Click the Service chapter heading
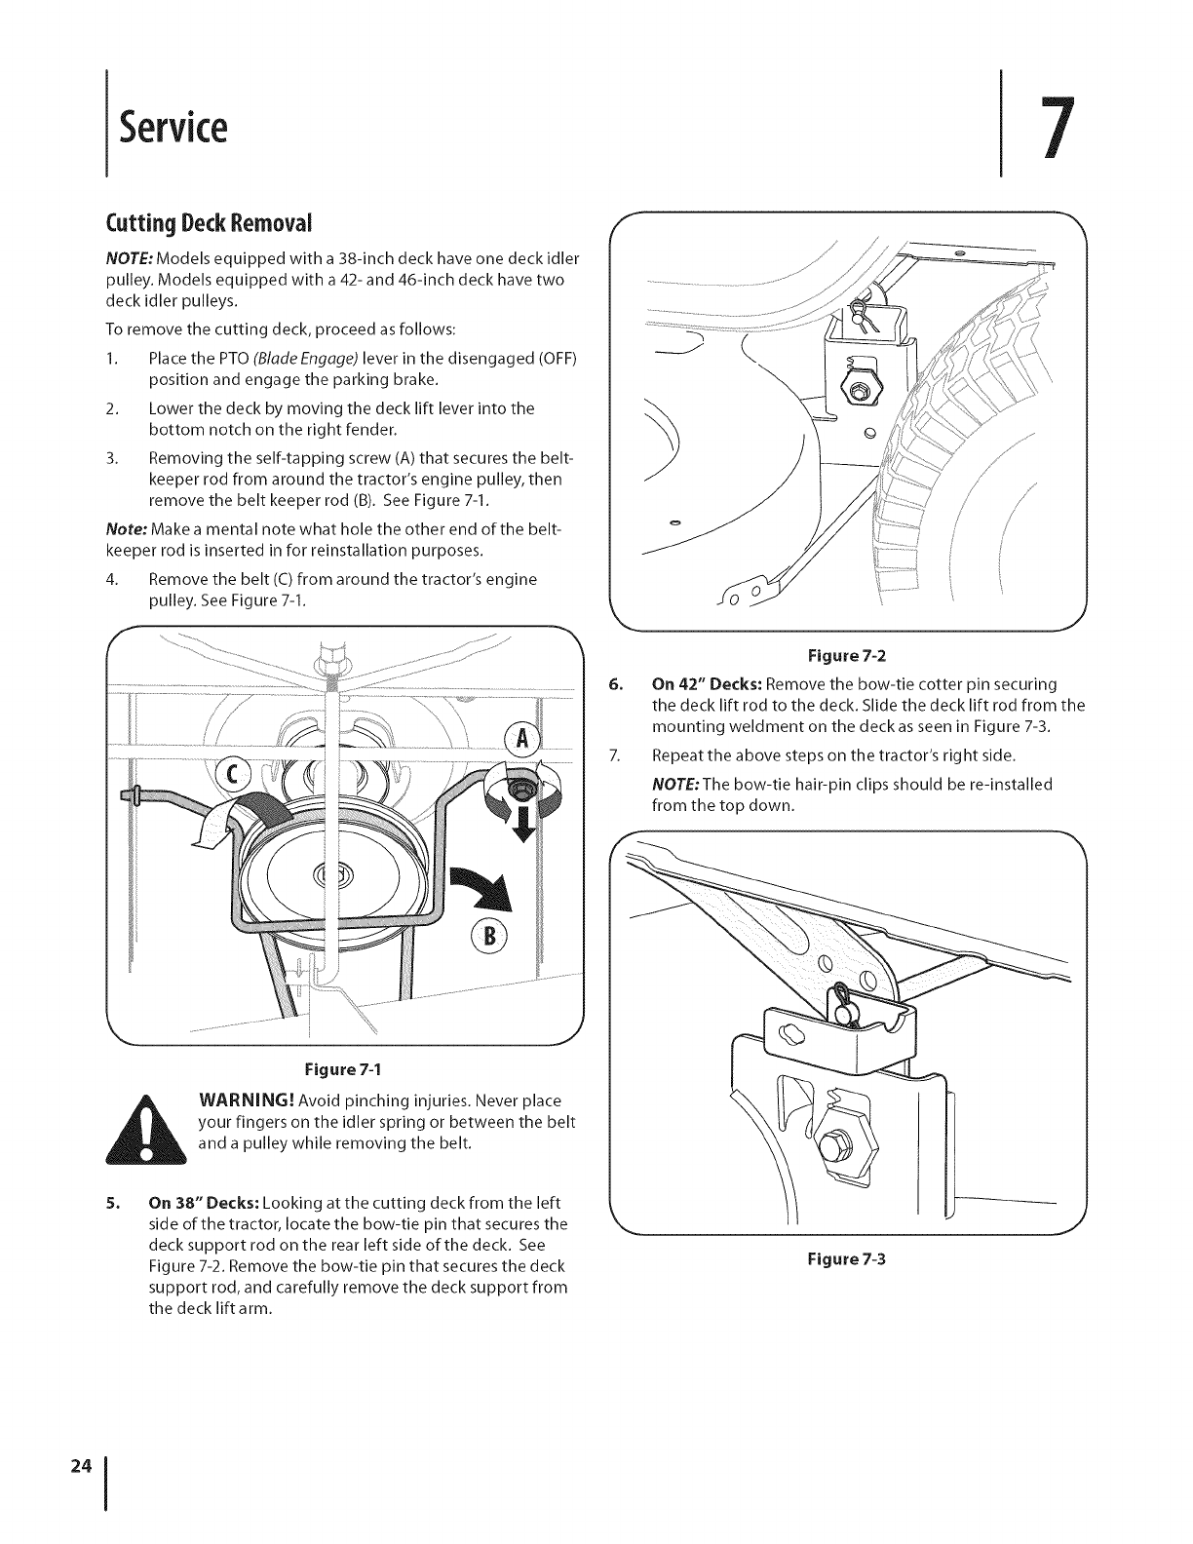tap(173, 128)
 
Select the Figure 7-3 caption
tap(846, 1257)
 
